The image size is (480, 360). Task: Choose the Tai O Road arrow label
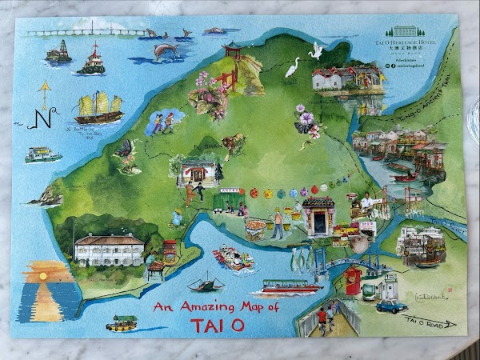pos(428,322)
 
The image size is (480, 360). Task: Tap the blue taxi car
pos(392,306)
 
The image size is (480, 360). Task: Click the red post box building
pos(352,282)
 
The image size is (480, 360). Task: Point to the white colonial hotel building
pos(108,249)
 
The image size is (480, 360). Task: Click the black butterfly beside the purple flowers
pos(304,127)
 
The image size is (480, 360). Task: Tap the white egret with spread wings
pos(316,51)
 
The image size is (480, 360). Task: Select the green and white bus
pos(371,290)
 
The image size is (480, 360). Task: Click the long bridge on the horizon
pos(88,33)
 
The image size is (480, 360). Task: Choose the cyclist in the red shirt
pos(321,314)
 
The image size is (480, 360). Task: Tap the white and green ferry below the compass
pos(42,154)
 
